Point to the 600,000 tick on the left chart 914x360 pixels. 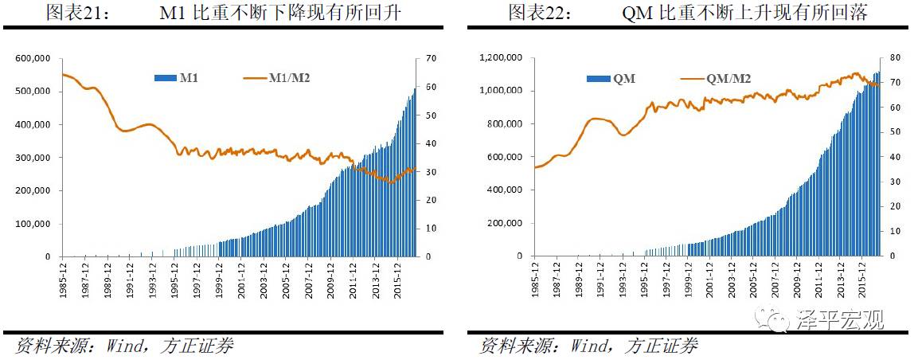[33, 58]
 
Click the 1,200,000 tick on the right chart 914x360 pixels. [499, 58]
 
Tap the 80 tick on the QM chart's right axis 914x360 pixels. [895, 58]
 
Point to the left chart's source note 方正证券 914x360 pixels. [197, 346]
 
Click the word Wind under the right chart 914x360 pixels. [591, 346]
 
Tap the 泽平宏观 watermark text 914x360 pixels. [841, 321]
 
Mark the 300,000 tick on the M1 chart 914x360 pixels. [33, 158]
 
